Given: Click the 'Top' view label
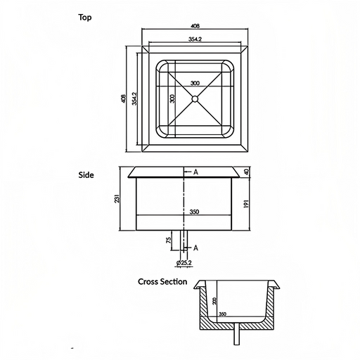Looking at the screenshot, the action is coord(85,18).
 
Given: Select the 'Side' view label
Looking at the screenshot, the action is coord(86,175).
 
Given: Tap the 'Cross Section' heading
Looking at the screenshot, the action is coord(162,281).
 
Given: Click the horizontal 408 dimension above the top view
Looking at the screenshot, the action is coord(195,26).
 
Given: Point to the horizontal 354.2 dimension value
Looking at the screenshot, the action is coord(195,39).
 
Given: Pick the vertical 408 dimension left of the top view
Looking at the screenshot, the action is coord(123,98).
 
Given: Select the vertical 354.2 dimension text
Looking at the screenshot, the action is coord(134,98).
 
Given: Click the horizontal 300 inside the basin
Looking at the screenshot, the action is coord(195,83).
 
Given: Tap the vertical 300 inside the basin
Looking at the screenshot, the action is coord(172,98).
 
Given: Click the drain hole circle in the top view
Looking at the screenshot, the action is coord(195,99).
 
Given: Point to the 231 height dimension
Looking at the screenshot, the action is coord(117,198).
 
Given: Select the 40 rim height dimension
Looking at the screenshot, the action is coord(246,172).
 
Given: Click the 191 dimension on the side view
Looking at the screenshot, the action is coord(246,204).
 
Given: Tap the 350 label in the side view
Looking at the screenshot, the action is coord(194,212).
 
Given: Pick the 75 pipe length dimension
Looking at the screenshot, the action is coord(169,240).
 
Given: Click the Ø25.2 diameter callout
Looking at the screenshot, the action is coord(184,263).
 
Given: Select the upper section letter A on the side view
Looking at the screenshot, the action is coord(196,172).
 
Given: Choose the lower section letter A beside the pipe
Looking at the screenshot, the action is coord(195,247).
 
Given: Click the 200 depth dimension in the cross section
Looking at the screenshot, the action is coord(214,301).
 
